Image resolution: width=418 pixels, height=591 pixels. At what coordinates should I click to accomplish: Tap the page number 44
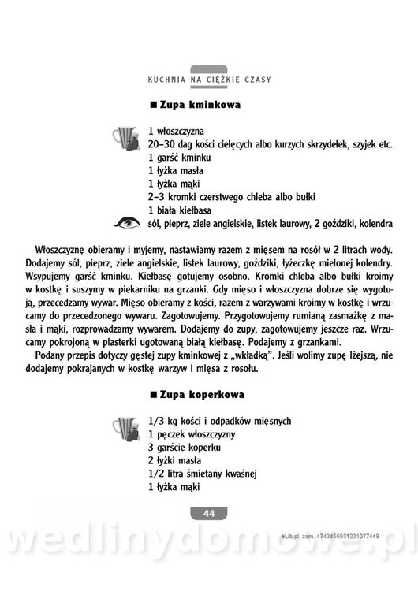point(209,513)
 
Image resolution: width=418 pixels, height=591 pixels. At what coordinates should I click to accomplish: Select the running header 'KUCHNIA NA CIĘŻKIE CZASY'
point(209,80)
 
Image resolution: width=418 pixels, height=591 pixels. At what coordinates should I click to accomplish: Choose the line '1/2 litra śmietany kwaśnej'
point(203,473)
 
